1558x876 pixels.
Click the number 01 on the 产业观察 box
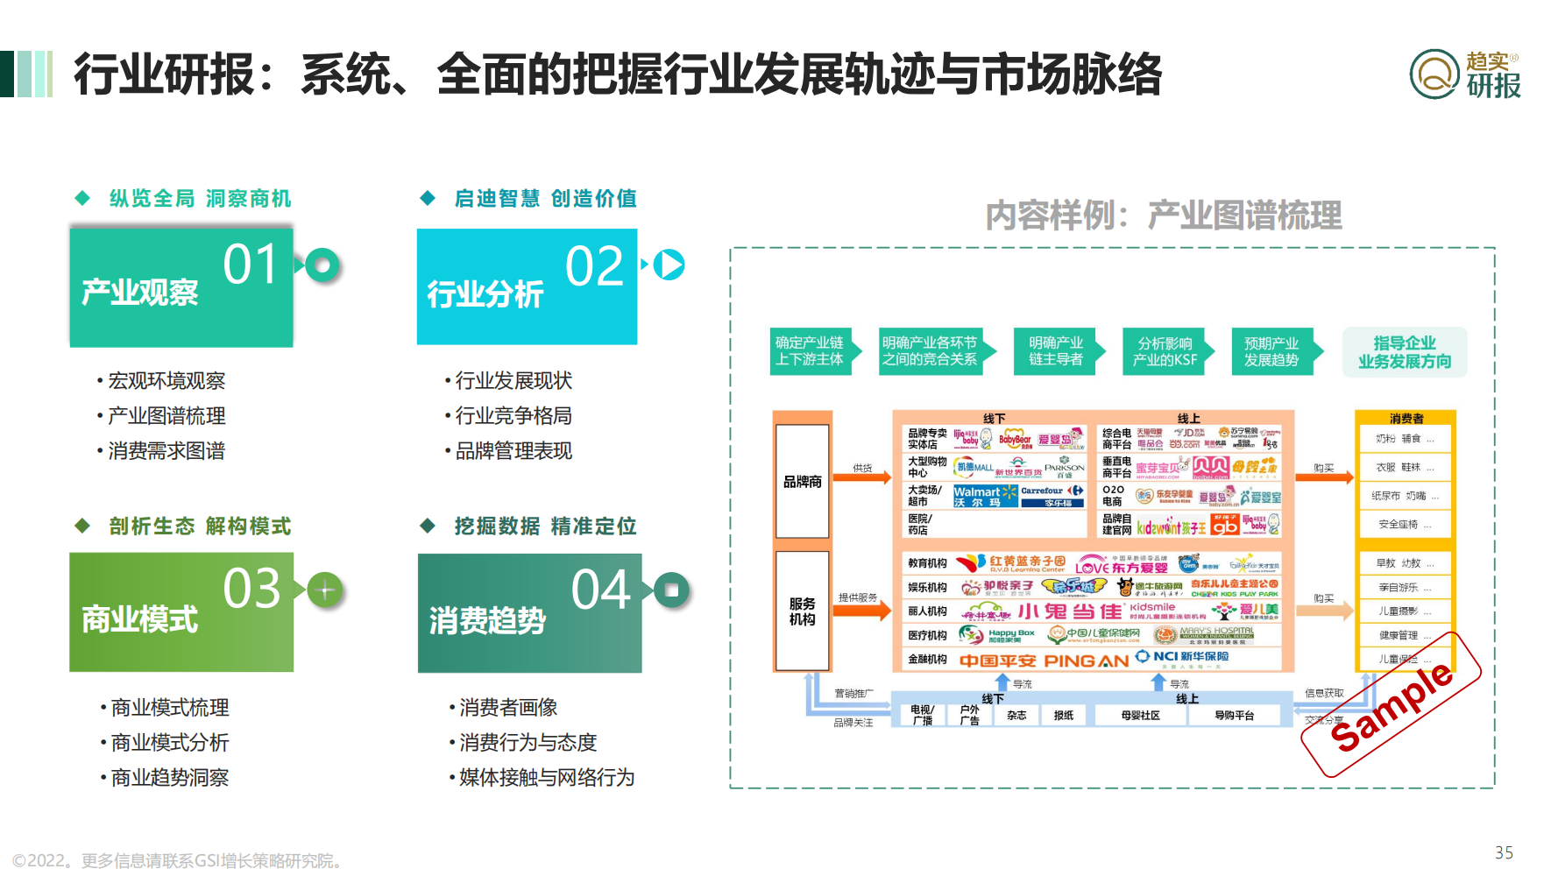pyautogui.click(x=251, y=265)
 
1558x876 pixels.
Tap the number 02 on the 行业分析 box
pyautogui.click(x=594, y=266)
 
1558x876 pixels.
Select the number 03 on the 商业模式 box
pyautogui.click(x=251, y=589)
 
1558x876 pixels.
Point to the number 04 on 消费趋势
pyautogui.click(x=600, y=590)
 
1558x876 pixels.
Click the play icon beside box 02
pyautogui.click(x=669, y=265)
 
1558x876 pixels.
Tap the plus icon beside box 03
pyautogui.click(x=325, y=590)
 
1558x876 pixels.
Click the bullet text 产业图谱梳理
pyautogui.click(x=166, y=416)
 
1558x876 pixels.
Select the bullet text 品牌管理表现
pyautogui.click(x=513, y=451)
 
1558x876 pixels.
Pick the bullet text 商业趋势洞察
pyautogui.click(x=170, y=778)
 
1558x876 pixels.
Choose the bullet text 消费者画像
pyautogui.click(x=508, y=708)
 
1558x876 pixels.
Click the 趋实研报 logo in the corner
pyautogui.click(x=1464, y=74)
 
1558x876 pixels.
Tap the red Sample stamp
pyautogui.click(x=1391, y=705)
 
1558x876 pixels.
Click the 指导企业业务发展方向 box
pyautogui.click(x=1405, y=352)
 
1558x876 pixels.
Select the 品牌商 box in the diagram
pyautogui.click(x=802, y=482)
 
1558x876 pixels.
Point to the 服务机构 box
pyautogui.click(x=802, y=611)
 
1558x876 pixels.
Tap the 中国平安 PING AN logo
pyautogui.click(x=1044, y=661)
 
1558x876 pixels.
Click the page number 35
pyautogui.click(x=1504, y=852)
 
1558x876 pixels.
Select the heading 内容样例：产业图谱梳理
pyautogui.click(x=1163, y=215)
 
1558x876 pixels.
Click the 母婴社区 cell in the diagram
pyautogui.click(x=1140, y=716)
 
